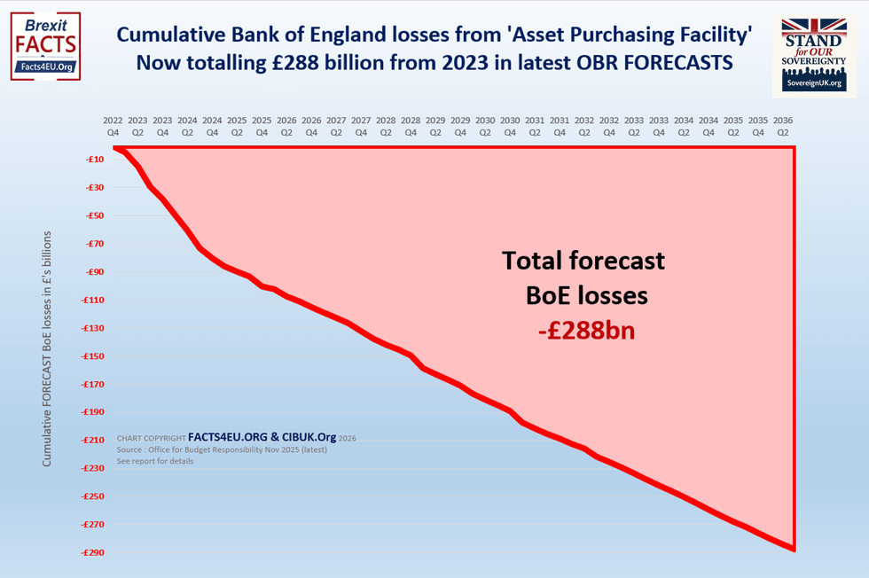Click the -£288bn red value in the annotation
click(586, 332)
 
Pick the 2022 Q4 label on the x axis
click(113, 125)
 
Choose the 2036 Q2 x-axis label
click(782, 125)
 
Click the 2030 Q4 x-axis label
click(510, 125)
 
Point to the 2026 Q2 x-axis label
click(286, 125)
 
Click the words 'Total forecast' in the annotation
click(583, 261)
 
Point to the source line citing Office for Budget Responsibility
click(222, 449)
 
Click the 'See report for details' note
click(155, 461)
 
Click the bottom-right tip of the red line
click(793, 550)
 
